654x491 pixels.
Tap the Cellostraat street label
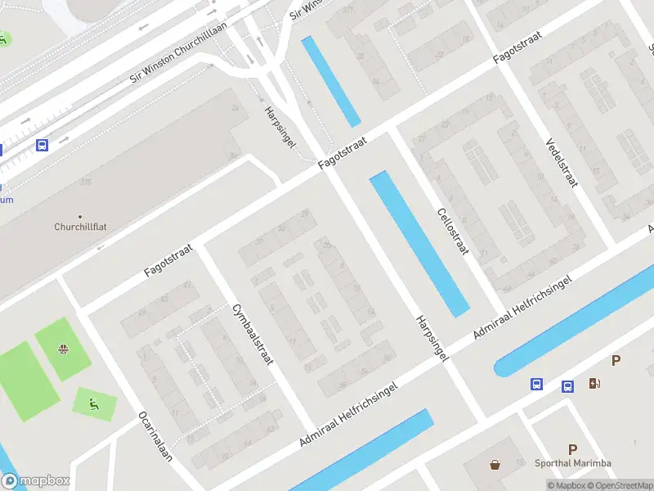point(452,218)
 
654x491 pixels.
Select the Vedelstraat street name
point(562,162)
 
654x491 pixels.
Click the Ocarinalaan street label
point(155,436)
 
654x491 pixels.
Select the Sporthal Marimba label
point(572,463)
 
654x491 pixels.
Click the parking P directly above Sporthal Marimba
point(573,449)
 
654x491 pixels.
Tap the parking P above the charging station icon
point(616,361)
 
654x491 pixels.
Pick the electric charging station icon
point(594,383)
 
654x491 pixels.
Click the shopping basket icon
point(495,466)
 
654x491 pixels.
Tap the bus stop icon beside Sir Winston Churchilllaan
point(42,145)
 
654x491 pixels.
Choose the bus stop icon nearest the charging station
point(567,386)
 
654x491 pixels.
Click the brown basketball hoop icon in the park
point(63,350)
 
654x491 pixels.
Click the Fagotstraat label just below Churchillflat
point(168,259)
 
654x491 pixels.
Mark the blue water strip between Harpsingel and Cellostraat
point(419,243)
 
